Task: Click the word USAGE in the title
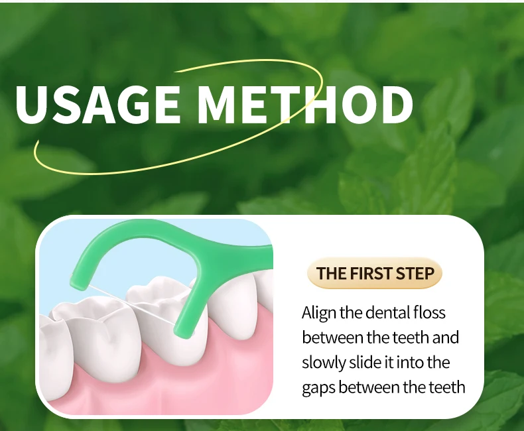pos(98,105)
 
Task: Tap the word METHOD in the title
pos(304,105)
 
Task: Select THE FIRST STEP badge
pos(375,273)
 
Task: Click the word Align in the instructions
pos(319,314)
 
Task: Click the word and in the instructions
pos(446,338)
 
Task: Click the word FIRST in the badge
pos(371,273)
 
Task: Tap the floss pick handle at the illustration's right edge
pos(257,257)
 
